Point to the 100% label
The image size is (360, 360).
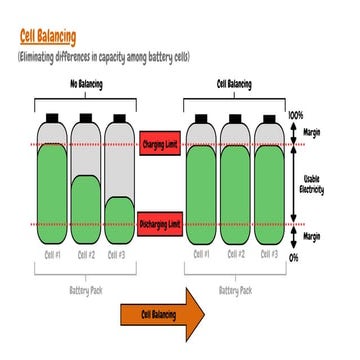tap(295, 116)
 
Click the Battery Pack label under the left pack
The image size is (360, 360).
tap(86, 291)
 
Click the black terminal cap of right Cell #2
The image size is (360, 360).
tap(234, 118)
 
